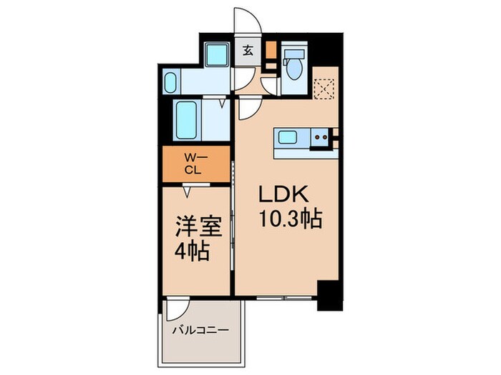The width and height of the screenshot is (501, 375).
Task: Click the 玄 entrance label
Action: pyautogui.click(x=248, y=51)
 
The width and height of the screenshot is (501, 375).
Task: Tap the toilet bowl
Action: pyautogui.click(x=293, y=69)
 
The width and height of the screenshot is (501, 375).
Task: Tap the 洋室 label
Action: pyautogui.click(x=195, y=229)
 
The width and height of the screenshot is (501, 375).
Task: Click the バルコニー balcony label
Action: pyautogui.click(x=200, y=331)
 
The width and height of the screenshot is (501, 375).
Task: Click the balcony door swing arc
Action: pyautogui.click(x=177, y=309)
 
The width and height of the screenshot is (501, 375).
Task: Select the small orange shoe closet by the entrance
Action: pyautogui.click(x=271, y=49)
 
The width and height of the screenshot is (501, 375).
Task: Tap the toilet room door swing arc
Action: pyautogui.click(x=271, y=84)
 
